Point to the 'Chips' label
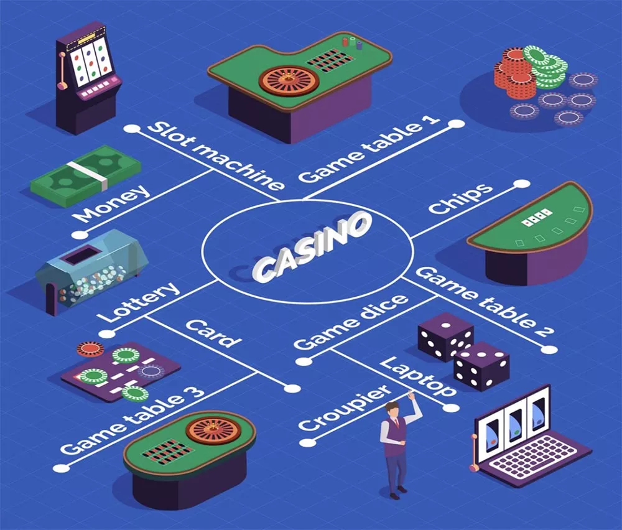(x=461, y=199)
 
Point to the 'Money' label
(x=112, y=203)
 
